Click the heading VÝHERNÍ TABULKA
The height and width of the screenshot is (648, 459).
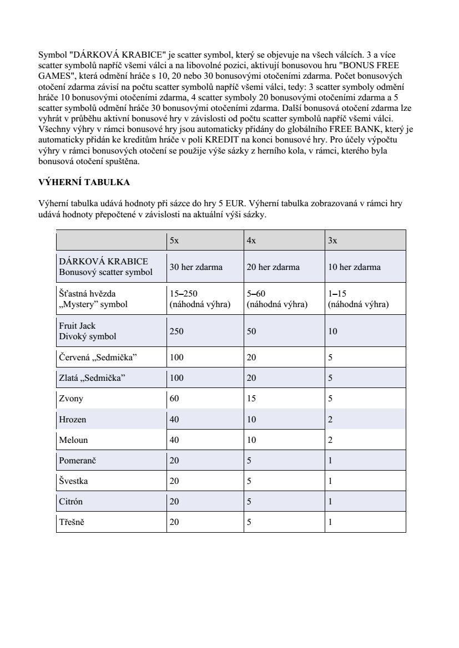click(x=84, y=182)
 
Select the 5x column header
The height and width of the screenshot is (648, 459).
click(x=174, y=240)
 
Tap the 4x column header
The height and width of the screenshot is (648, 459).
click(x=251, y=240)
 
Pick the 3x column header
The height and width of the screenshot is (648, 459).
click(x=332, y=240)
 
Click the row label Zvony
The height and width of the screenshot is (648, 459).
click(x=71, y=398)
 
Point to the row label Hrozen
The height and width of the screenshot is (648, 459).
click(x=73, y=419)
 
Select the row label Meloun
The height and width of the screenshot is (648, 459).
click(x=73, y=440)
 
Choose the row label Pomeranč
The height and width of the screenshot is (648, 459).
click(x=78, y=461)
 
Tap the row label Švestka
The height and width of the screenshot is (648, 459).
click(x=73, y=481)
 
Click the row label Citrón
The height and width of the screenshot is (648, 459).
click(x=72, y=502)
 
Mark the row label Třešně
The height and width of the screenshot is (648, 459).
click(x=72, y=522)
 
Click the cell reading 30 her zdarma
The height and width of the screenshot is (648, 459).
click(x=196, y=267)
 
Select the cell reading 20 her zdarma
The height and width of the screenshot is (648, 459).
click(x=273, y=267)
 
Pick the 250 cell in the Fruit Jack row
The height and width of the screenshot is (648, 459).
click(x=176, y=331)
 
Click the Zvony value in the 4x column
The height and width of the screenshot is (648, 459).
click(x=251, y=398)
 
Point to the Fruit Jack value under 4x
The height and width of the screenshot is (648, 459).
click(x=251, y=331)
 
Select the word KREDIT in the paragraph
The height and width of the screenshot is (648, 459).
click(x=222, y=139)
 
